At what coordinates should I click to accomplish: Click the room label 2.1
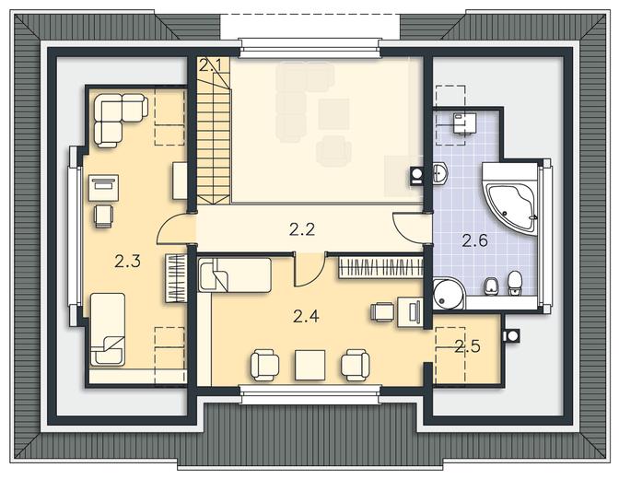tap(209, 65)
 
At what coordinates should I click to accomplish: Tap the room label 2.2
tap(302, 229)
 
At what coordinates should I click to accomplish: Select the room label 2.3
tap(127, 261)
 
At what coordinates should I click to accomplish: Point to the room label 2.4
tap(306, 316)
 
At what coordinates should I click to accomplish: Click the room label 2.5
tap(467, 346)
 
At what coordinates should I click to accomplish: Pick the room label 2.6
tap(475, 240)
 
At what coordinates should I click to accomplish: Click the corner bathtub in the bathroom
tap(510, 200)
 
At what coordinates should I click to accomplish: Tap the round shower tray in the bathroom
tap(449, 294)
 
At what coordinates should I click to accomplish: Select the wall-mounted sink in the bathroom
tap(441, 174)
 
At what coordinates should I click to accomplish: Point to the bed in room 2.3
tap(108, 329)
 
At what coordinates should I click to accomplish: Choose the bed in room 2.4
tap(235, 275)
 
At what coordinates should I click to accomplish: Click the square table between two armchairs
tap(310, 365)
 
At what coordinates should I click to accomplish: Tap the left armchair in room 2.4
tap(265, 365)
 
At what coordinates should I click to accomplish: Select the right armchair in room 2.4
tap(356, 365)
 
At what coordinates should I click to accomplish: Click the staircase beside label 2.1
tap(213, 138)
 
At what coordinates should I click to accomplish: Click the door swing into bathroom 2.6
tap(408, 228)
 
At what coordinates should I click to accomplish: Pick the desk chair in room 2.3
tap(104, 216)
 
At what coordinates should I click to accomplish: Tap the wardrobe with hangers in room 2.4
tap(380, 268)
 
